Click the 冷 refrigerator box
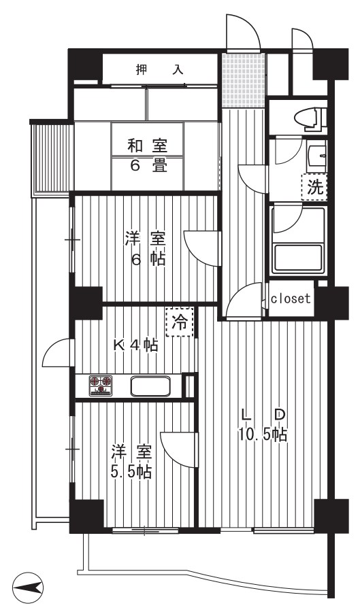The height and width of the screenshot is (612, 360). tap(180, 323)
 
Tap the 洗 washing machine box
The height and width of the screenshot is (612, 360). tap(315, 187)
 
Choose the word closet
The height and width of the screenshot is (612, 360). tap(291, 299)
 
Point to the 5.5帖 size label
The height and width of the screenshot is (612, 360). tap(131, 471)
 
